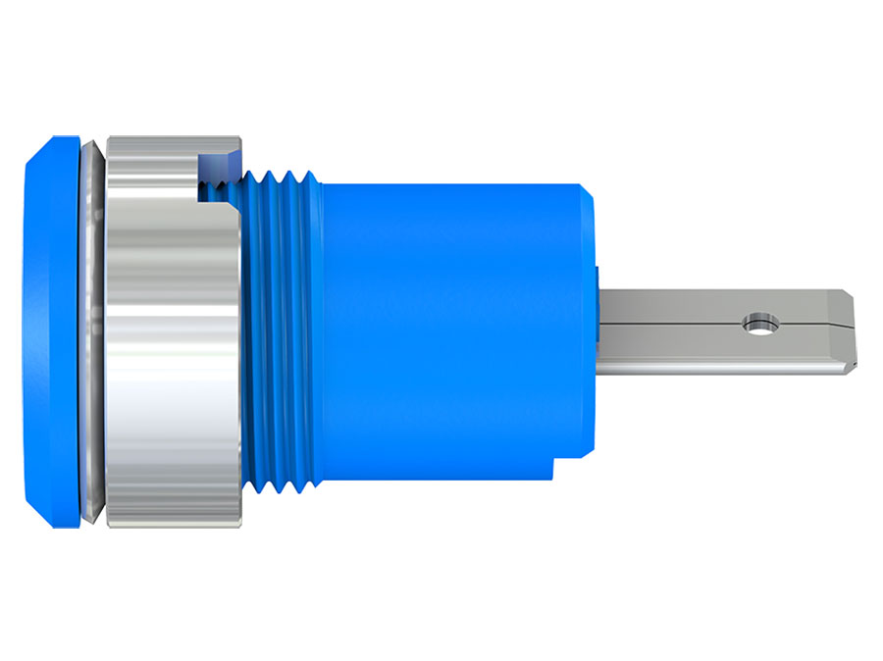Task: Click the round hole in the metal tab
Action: pyautogui.click(x=758, y=322)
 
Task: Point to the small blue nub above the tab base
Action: pyautogui.click(x=596, y=276)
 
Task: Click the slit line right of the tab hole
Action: pyautogui.click(x=809, y=321)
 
